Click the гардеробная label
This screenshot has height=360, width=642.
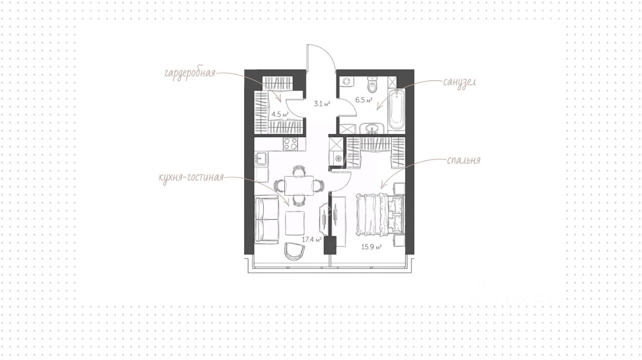[x=190, y=74]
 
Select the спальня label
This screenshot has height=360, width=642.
[x=463, y=161]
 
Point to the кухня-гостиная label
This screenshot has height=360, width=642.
[x=191, y=177]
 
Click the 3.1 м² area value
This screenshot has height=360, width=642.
[x=322, y=104]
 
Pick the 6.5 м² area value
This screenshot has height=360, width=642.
[x=364, y=100]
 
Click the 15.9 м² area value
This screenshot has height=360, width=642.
[x=371, y=247]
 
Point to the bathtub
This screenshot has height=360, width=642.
[x=396, y=110]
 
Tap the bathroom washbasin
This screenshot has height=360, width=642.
[x=372, y=129]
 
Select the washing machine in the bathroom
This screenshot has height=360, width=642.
[x=347, y=81]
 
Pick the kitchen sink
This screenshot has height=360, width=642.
[x=61, y=159]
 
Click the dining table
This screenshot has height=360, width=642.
[x=299, y=185]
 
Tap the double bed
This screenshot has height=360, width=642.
[x=380, y=215]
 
